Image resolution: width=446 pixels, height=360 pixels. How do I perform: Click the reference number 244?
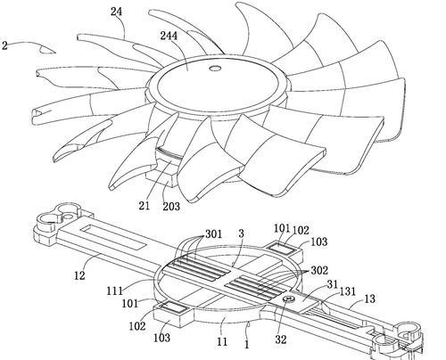point(169,36)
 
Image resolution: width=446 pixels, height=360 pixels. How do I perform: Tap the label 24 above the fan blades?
point(117,12)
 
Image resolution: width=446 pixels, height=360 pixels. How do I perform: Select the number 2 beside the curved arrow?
point(4,45)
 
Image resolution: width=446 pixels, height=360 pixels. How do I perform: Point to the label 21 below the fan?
point(145,206)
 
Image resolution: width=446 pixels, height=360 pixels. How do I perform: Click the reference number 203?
point(171,206)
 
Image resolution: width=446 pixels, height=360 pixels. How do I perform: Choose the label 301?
point(213,234)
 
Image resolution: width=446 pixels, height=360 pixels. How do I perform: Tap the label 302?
point(319,270)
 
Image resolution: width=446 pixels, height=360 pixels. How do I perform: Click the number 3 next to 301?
point(241,233)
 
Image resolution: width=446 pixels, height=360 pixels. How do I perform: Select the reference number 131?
point(348,291)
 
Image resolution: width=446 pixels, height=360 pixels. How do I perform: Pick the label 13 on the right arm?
point(369,299)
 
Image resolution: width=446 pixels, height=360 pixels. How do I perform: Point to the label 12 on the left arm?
point(79,275)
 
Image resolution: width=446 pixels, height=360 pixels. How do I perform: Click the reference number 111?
point(115,290)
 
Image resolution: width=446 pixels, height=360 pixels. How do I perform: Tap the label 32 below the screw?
point(281,340)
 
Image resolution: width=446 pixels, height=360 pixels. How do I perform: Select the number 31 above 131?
point(333,284)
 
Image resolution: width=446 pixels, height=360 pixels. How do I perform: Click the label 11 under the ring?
point(222,341)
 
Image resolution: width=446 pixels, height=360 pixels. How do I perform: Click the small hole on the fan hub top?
point(215,69)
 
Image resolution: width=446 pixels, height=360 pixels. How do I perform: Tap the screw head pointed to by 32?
point(289,299)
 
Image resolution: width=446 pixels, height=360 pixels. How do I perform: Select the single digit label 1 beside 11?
point(246,345)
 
